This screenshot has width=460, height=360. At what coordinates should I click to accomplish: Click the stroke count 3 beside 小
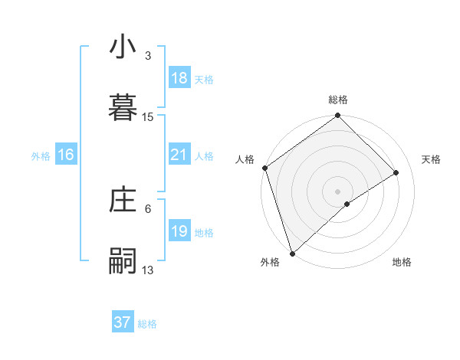click(148, 56)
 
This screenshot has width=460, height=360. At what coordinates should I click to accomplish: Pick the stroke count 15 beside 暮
click(148, 117)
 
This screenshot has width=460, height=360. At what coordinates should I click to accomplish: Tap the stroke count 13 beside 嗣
click(148, 270)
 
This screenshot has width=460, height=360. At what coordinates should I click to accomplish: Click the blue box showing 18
click(179, 78)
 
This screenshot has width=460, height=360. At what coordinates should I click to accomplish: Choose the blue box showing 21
click(179, 155)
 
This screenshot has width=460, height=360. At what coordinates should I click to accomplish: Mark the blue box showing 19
click(179, 231)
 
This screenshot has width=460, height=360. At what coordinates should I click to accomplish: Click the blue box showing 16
click(65, 155)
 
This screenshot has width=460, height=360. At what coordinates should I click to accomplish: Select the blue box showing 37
click(122, 322)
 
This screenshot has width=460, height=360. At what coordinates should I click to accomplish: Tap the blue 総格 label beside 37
click(147, 324)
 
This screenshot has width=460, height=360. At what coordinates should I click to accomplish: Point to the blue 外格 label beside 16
click(41, 156)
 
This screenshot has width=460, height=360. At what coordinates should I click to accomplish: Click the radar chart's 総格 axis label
click(338, 100)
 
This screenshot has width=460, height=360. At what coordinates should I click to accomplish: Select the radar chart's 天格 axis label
click(432, 159)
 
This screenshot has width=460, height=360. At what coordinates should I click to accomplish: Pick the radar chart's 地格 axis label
click(402, 263)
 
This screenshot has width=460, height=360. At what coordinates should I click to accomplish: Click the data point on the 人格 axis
click(264, 168)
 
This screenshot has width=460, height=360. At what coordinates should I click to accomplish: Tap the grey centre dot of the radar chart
click(338, 191)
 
